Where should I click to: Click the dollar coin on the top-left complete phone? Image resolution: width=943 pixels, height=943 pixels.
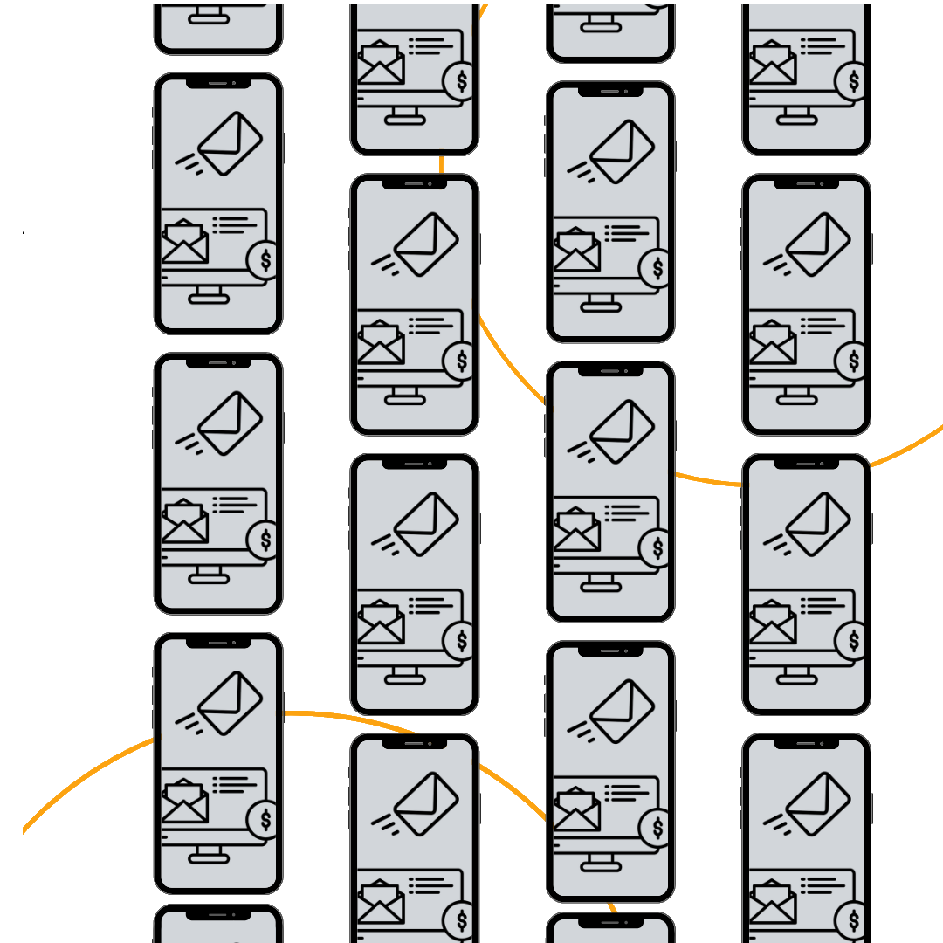(265, 259)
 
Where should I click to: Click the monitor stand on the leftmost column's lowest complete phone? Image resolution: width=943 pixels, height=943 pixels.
(209, 853)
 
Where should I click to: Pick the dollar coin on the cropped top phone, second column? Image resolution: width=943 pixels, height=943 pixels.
(460, 81)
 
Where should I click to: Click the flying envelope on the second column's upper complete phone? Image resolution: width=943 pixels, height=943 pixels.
(426, 244)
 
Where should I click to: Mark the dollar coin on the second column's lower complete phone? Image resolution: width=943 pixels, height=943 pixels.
(460, 641)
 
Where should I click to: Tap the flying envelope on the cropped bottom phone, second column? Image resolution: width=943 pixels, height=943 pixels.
(426, 802)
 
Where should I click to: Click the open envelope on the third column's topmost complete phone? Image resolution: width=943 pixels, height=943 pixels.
(577, 251)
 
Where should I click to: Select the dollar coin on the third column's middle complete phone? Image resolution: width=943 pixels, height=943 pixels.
(657, 547)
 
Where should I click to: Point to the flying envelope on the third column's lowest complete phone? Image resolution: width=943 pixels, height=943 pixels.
(622, 711)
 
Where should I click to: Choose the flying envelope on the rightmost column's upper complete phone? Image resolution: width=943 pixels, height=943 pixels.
(818, 244)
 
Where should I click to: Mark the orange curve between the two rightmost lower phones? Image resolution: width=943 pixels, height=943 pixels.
(707, 479)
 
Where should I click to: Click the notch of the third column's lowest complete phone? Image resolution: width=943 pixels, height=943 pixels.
(610, 651)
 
